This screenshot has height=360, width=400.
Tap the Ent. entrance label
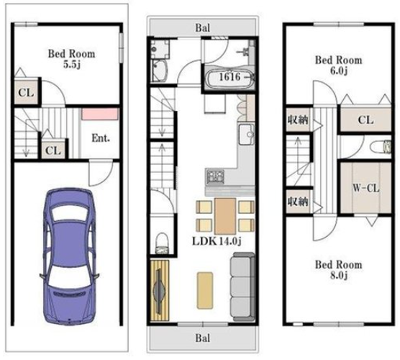click(101, 138)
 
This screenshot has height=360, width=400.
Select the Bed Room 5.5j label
click(72, 59)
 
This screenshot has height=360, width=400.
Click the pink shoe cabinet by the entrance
click(100, 114)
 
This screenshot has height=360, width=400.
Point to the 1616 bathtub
click(230, 78)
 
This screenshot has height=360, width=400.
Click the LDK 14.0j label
click(217, 241)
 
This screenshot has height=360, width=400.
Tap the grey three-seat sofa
click(242, 287)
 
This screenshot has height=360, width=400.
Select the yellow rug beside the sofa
click(205, 291)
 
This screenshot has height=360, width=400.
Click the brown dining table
click(225, 216)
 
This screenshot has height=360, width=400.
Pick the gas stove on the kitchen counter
click(215, 176)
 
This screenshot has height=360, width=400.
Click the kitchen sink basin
click(247, 135)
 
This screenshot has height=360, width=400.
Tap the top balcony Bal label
click(203, 28)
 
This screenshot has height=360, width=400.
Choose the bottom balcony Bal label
click(203, 338)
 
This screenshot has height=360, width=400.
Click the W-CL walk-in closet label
click(365, 189)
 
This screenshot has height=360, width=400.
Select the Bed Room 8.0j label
click(339, 270)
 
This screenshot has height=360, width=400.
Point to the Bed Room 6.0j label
click(339, 66)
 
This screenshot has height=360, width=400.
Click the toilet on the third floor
click(381, 148)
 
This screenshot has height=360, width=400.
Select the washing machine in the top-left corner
click(160, 48)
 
